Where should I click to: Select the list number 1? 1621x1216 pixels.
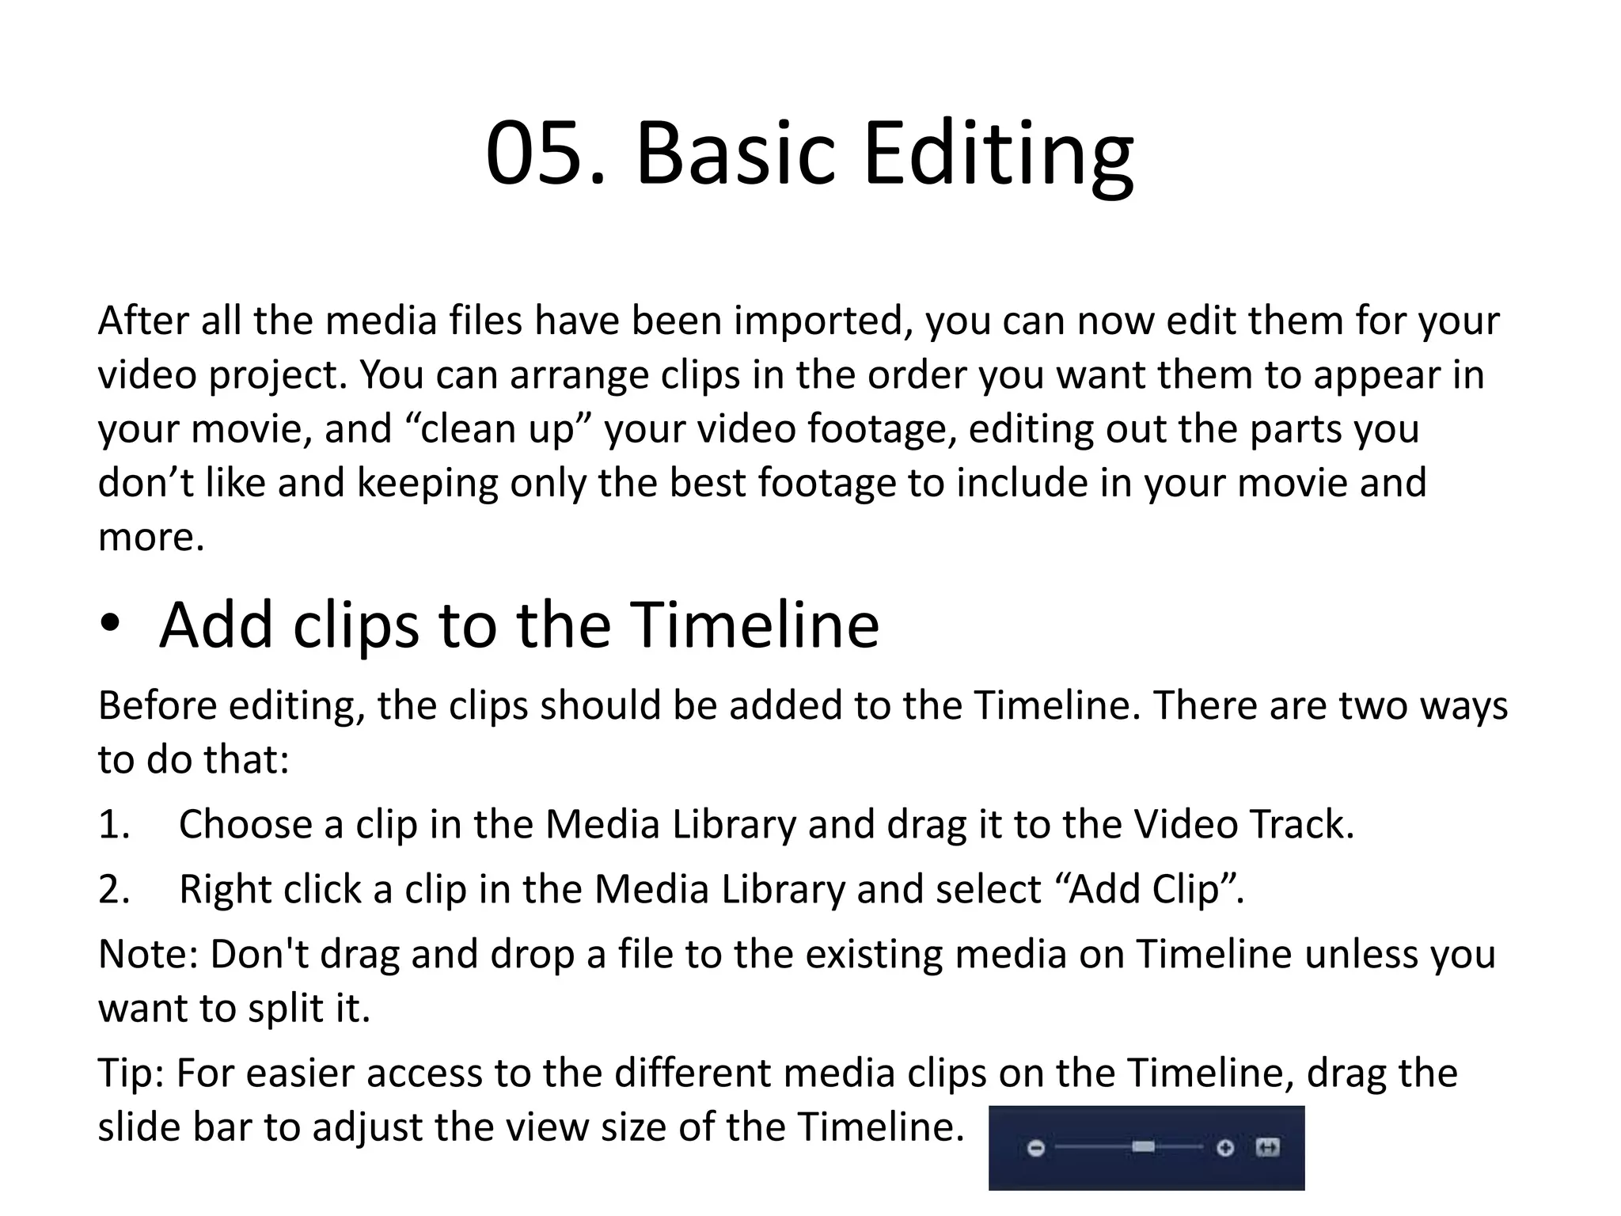[x=113, y=825]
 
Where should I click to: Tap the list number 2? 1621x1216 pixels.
[x=113, y=890]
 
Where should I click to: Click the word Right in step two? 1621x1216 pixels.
[x=225, y=890]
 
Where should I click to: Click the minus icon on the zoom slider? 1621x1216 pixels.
[x=1036, y=1148]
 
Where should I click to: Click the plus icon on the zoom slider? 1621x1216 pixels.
[x=1225, y=1148]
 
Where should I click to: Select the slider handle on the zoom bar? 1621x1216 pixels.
[x=1143, y=1147]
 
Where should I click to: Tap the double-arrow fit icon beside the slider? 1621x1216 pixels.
[x=1268, y=1147]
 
